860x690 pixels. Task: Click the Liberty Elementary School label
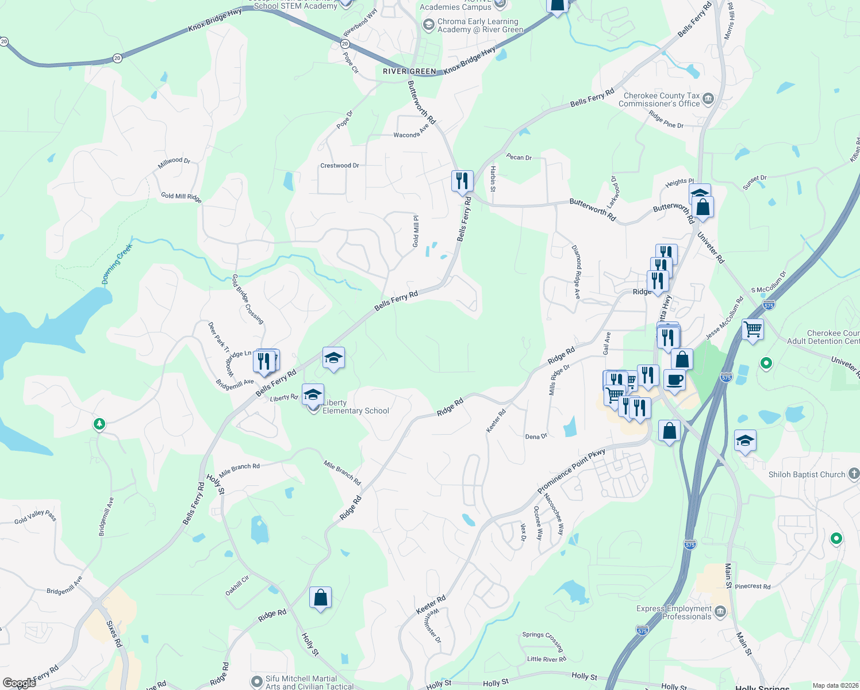pos(355,407)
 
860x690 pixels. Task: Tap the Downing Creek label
pos(117,264)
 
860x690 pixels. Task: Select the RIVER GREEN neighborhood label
pos(409,71)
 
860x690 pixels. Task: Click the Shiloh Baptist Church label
pos(807,474)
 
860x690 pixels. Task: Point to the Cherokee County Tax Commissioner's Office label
pos(659,99)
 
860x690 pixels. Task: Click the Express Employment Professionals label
pos(674,612)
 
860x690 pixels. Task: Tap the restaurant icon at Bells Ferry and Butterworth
pos(462,181)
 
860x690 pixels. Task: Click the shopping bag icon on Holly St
pos(320,598)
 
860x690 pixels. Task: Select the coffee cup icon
pos(674,380)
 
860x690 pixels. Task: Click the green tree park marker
pos(99,424)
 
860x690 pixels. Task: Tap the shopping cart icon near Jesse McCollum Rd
pos(752,329)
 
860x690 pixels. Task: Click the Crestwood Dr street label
pos(339,166)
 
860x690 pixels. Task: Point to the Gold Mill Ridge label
pos(181,197)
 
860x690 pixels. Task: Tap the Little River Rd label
pos(546,659)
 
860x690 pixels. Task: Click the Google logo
pos(19,683)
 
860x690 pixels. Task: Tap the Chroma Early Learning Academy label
pos(480,25)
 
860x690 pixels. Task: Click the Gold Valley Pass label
pos(36,517)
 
